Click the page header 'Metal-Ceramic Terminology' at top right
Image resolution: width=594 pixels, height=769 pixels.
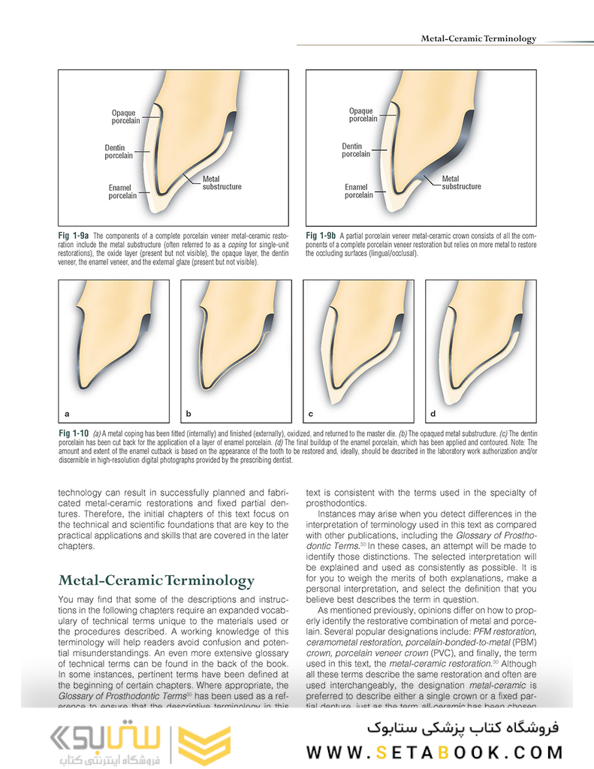(x=478, y=38)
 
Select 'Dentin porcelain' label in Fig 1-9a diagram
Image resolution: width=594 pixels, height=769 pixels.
(x=119, y=152)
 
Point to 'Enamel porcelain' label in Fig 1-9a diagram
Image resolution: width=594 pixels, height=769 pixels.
(x=122, y=191)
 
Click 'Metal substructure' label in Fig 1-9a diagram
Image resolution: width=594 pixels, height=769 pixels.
(x=222, y=182)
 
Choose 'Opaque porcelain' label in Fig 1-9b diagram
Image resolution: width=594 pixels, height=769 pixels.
(x=363, y=115)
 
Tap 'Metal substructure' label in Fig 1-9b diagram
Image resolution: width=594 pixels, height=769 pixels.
(x=461, y=182)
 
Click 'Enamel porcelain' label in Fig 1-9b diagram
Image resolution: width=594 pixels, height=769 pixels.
(x=358, y=191)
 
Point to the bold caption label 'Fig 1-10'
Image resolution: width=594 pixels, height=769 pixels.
(x=74, y=434)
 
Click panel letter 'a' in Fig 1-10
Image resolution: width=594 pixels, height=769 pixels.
(x=67, y=414)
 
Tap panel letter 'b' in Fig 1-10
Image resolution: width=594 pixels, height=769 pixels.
(x=189, y=414)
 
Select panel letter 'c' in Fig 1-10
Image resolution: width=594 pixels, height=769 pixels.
(x=311, y=414)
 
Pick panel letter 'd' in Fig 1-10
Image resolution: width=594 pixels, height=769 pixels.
(x=433, y=414)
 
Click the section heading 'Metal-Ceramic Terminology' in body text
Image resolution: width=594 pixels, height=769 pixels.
(x=156, y=581)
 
